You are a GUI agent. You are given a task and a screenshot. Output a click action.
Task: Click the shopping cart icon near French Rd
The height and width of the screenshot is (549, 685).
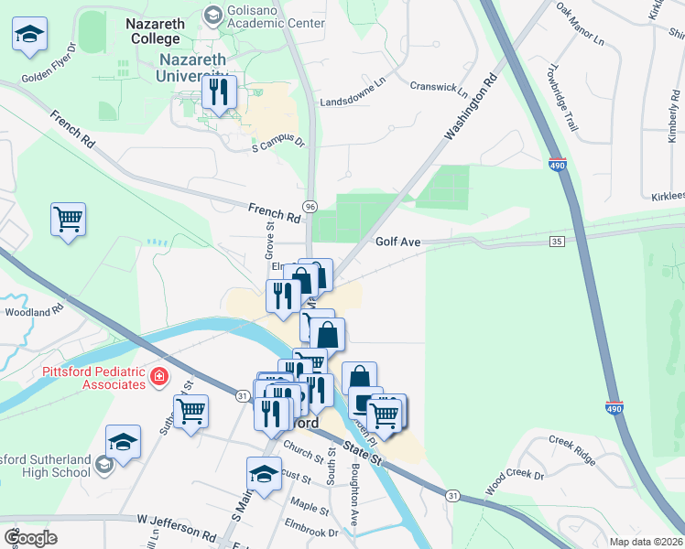point(68,221)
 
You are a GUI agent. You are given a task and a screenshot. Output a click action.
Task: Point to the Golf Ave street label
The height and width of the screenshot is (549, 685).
point(397,242)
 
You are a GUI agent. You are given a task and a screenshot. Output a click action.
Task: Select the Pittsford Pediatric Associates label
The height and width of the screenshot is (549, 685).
point(93,378)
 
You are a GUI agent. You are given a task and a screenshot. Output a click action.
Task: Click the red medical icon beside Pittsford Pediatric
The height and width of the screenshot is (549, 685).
point(158,376)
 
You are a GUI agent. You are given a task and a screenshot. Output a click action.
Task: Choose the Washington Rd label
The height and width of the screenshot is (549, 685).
point(470,107)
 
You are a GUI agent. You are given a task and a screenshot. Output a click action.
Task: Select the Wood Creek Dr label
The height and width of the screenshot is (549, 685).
point(514,483)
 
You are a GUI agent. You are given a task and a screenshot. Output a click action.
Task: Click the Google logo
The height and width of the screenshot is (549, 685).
point(31,537)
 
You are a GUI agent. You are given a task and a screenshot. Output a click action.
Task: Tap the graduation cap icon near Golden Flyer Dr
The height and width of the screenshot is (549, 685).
point(30,36)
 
